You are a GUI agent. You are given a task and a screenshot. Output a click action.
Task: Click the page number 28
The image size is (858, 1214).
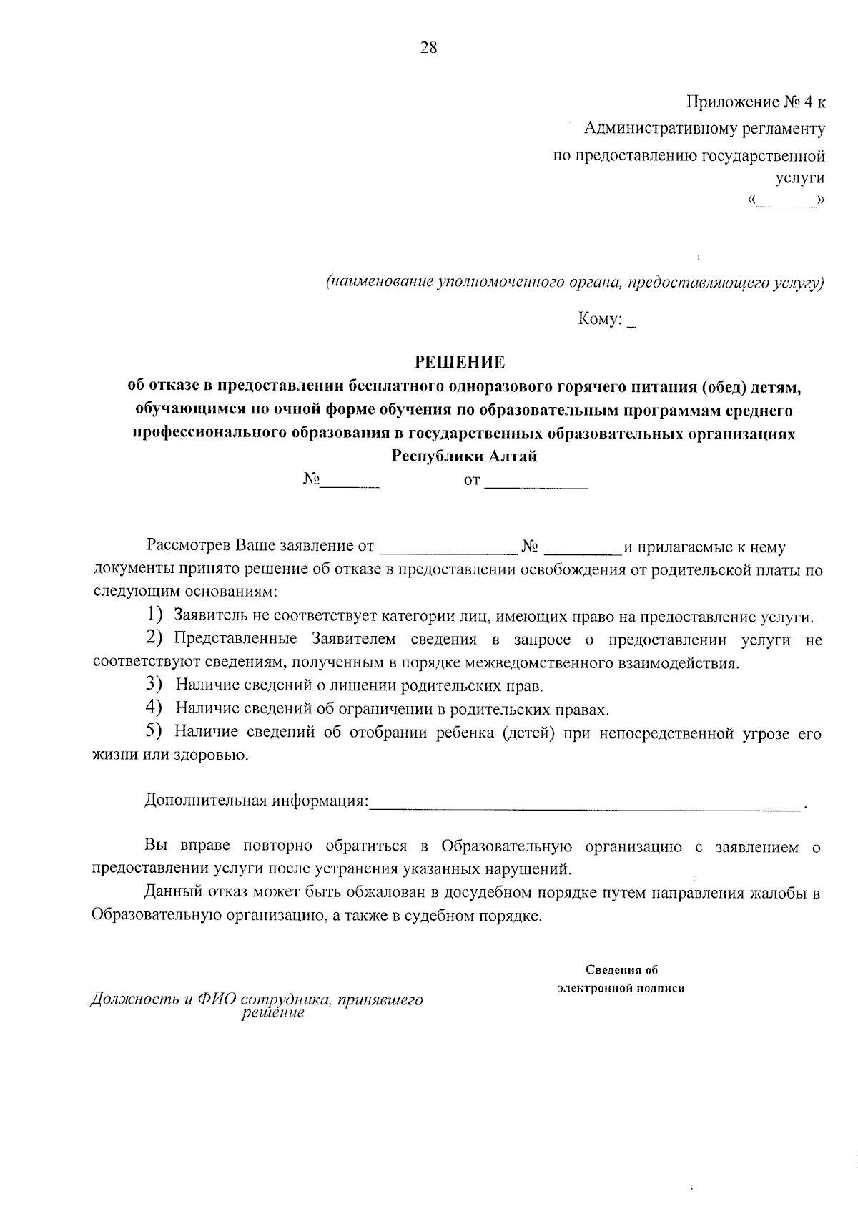428,49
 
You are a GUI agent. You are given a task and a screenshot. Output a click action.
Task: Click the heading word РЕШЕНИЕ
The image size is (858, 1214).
461,363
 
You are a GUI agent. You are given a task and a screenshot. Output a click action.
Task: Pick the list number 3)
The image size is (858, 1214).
155,685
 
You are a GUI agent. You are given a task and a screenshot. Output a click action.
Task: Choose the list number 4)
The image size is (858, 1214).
155,708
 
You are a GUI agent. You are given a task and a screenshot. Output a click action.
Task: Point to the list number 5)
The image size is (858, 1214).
155,732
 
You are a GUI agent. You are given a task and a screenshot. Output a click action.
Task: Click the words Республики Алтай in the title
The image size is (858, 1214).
464,456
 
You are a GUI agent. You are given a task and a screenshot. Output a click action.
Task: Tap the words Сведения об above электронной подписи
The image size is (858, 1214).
621,971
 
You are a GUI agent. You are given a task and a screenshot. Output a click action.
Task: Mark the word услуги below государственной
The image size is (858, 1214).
799,178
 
